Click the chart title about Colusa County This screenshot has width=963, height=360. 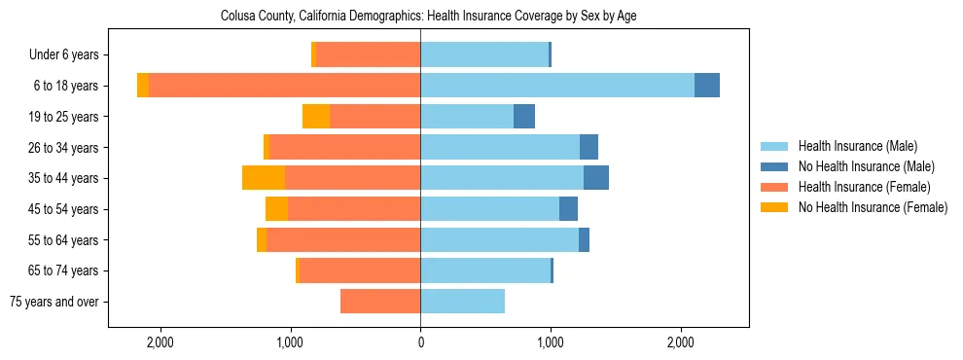[428, 17]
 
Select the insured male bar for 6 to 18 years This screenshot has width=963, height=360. [556, 86]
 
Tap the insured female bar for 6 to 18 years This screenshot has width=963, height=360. [284, 86]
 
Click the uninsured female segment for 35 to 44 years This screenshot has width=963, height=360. [264, 178]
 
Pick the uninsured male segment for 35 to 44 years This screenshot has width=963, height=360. [596, 178]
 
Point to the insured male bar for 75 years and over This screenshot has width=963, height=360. [462, 302]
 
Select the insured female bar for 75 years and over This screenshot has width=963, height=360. [380, 302]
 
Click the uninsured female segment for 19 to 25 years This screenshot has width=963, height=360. [316, 117]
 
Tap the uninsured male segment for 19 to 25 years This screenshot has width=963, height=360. [524, 117]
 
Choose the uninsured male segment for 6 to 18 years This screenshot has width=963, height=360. [707, 86]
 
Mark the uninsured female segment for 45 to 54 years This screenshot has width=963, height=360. [276, 209]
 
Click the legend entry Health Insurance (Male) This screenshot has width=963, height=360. [857, 146]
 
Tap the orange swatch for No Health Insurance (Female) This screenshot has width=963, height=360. [775, 207]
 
